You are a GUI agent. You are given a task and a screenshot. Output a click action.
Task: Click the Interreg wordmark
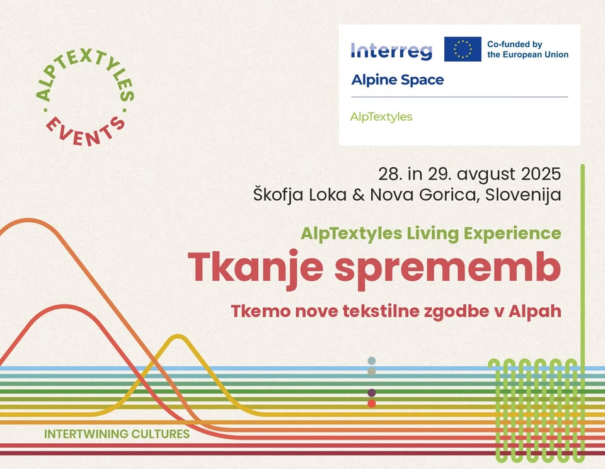pos(391,51)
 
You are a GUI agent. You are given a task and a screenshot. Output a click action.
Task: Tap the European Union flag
pos(463,49)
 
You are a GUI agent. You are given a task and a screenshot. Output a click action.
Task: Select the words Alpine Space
pos(398,80)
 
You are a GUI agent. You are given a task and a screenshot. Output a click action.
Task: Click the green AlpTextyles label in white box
pos(381,116)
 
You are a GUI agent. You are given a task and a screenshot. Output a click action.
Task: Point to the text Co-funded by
pos(515,44)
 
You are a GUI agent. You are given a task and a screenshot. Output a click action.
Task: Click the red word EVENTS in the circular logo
pos(86,131)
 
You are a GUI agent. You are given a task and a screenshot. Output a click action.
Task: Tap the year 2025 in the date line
pos(541,174)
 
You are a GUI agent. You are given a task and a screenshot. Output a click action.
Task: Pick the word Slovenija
pos(523,195)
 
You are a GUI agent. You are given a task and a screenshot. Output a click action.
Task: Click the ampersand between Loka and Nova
pos(359,195)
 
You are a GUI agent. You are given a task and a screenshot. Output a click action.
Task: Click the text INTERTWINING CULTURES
pos(117,434)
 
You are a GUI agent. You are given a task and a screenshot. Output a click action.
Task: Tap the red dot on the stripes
pos(372,404)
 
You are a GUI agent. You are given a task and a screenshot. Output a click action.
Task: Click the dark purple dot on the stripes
pos(372,393)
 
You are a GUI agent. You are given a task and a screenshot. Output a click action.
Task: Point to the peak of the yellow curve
pos(178,336)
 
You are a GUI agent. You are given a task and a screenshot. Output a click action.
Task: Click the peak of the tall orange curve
pos(28,220)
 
